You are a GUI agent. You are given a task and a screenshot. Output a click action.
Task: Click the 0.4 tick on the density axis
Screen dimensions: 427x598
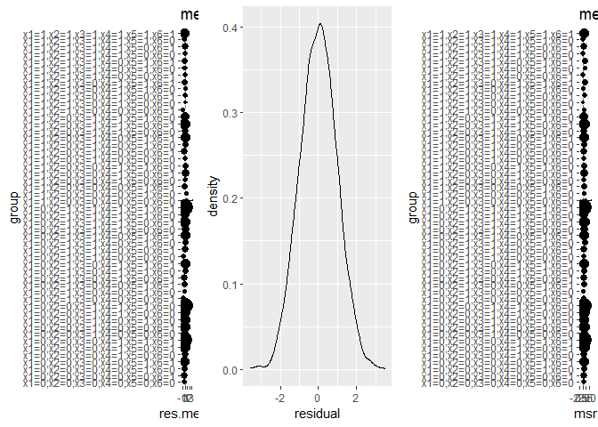pyautogui.click(x=229, y=28)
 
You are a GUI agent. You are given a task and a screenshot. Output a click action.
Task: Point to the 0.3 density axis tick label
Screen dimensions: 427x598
pyautogui.click(x=229, y=113)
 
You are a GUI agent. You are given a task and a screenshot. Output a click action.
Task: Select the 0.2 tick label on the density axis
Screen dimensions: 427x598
pyautogui.click(x=229, y=198)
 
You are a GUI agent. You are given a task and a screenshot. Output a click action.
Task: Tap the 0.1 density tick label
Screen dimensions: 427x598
pyautogui.click(x=229, y=284)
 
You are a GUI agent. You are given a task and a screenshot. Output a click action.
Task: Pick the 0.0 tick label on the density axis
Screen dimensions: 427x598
pyautogui.click(x=229, y=369)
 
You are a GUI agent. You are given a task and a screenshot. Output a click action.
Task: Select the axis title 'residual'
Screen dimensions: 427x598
pyautogui.click(x=317, y=413)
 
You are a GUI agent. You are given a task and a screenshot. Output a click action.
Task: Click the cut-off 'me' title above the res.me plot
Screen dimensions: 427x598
pyautogui.click(x=188, y=14)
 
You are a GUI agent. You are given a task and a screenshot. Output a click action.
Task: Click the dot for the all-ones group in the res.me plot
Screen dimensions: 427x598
pyautogui.click(x=185, y=34)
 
